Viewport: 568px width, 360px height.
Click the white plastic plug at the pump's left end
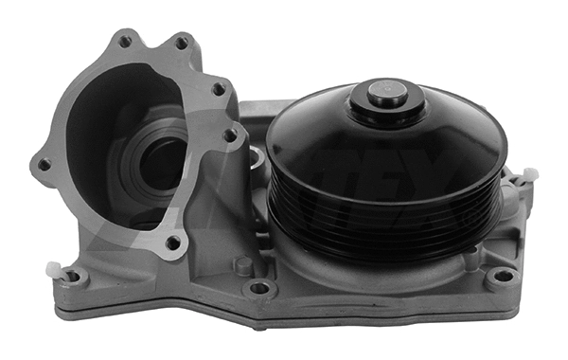[x=54, y=269]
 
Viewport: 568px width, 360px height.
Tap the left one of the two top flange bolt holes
[x=125, y=43]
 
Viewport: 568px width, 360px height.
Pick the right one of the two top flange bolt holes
[x=181, y=43]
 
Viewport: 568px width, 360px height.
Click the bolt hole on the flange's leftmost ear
[x=44, y=165]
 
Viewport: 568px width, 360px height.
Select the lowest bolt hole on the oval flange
[x=172, y=243]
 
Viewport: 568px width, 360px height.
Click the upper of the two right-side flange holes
[x=218, y=89]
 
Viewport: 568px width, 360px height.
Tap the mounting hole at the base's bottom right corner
[x=503, y=277]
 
